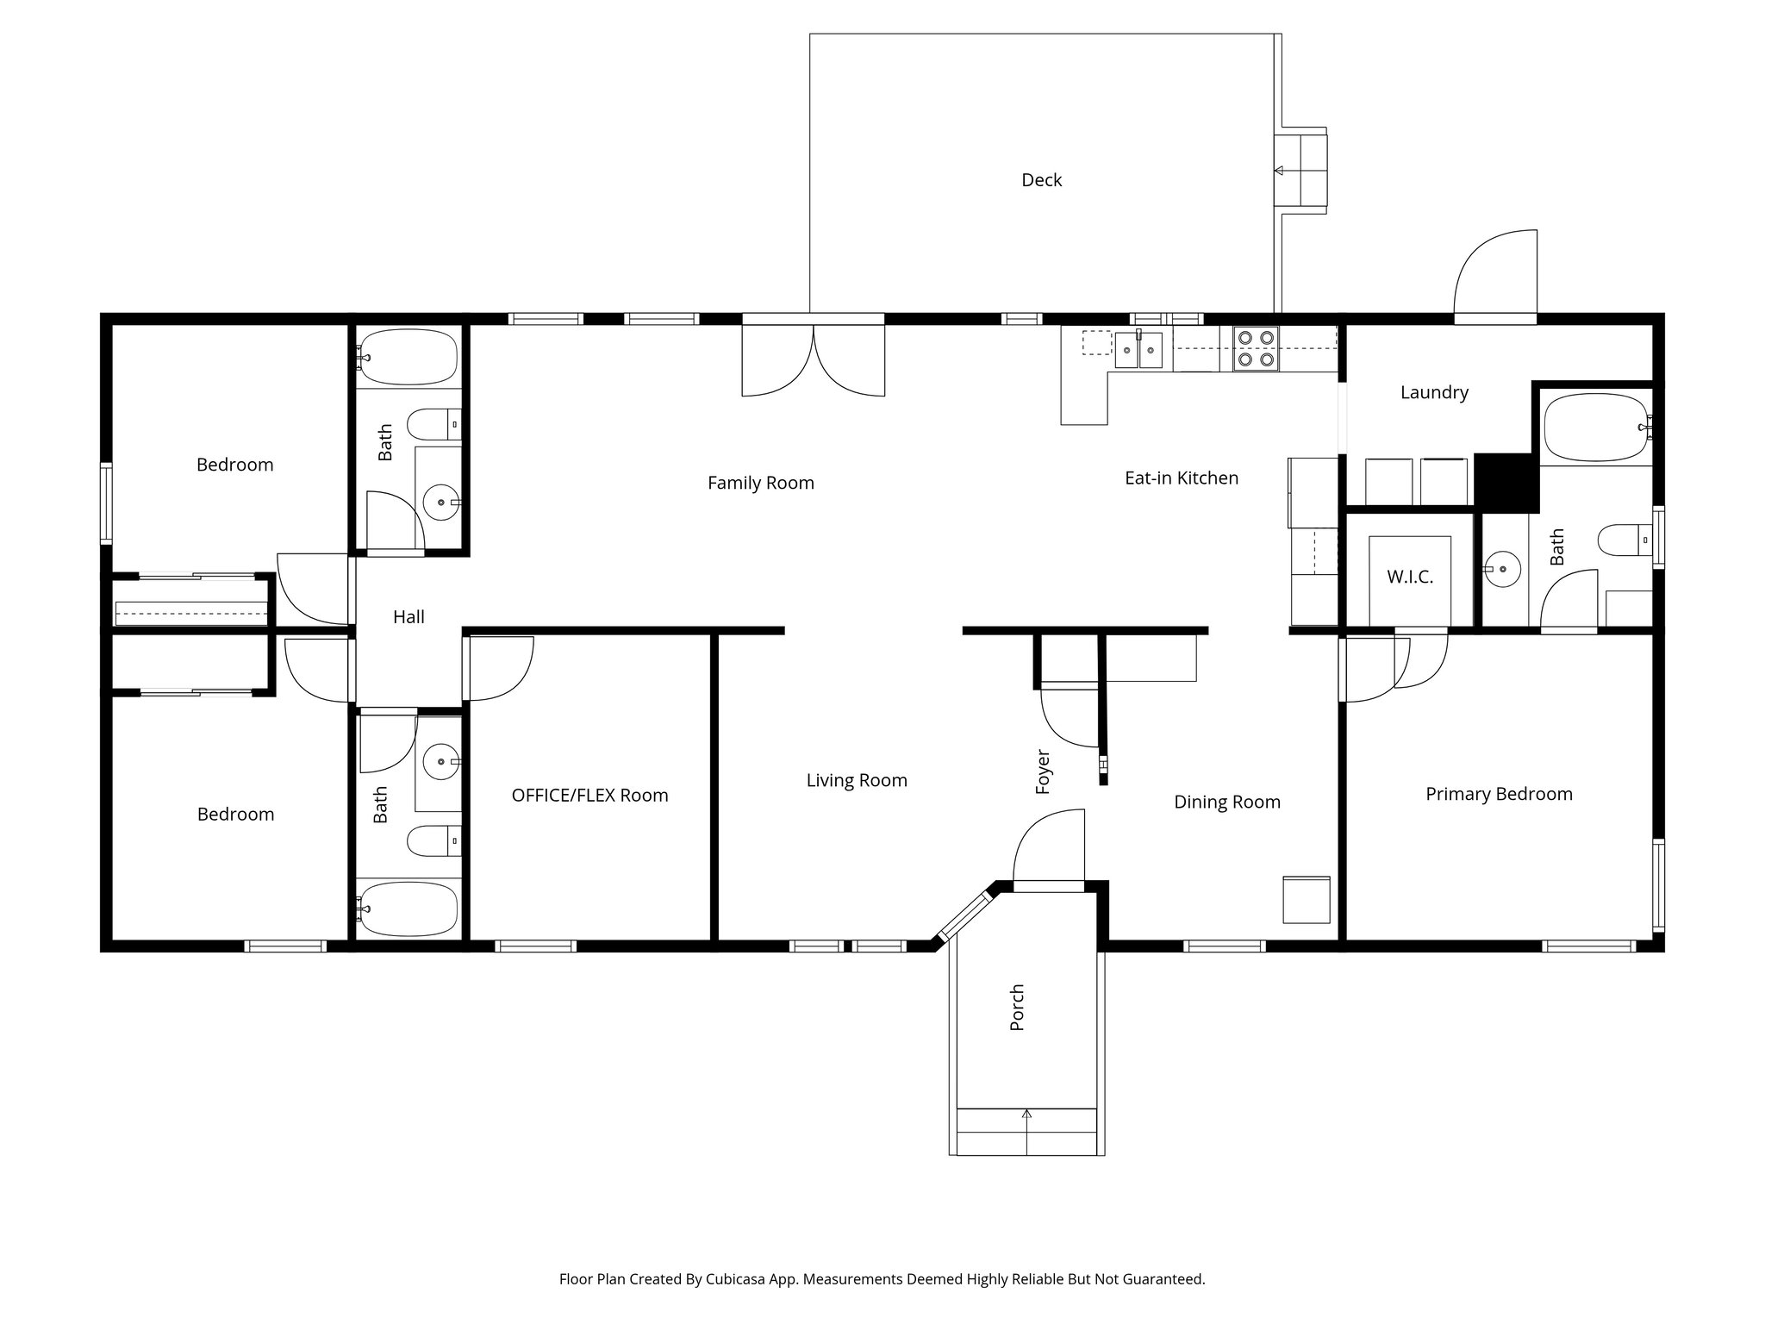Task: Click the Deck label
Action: click(1041, 180)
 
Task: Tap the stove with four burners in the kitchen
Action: click(1256, 348)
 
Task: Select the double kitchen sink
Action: click(1138, 350)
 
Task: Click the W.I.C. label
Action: click(1410, 577)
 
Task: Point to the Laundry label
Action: click(1434, 392)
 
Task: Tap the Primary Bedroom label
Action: click(1499, 794)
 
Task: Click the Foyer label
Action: click(1043, 771)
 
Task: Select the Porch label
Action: click(1017, 1007)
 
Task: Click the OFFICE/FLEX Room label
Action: click(589, 795)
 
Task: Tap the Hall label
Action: click(409, 616)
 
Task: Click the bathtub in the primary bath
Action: click(1594, 428)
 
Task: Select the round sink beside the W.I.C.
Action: click(1502, 569)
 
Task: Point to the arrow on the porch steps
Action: click(1026, 1115)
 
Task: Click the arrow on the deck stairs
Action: click(1279, 171)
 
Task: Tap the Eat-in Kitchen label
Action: click(1181, 478)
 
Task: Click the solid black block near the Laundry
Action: click(1506, 484)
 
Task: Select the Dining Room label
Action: click(1226, 802)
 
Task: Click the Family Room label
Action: click(760, 483)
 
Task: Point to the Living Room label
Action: click(857, 780)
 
